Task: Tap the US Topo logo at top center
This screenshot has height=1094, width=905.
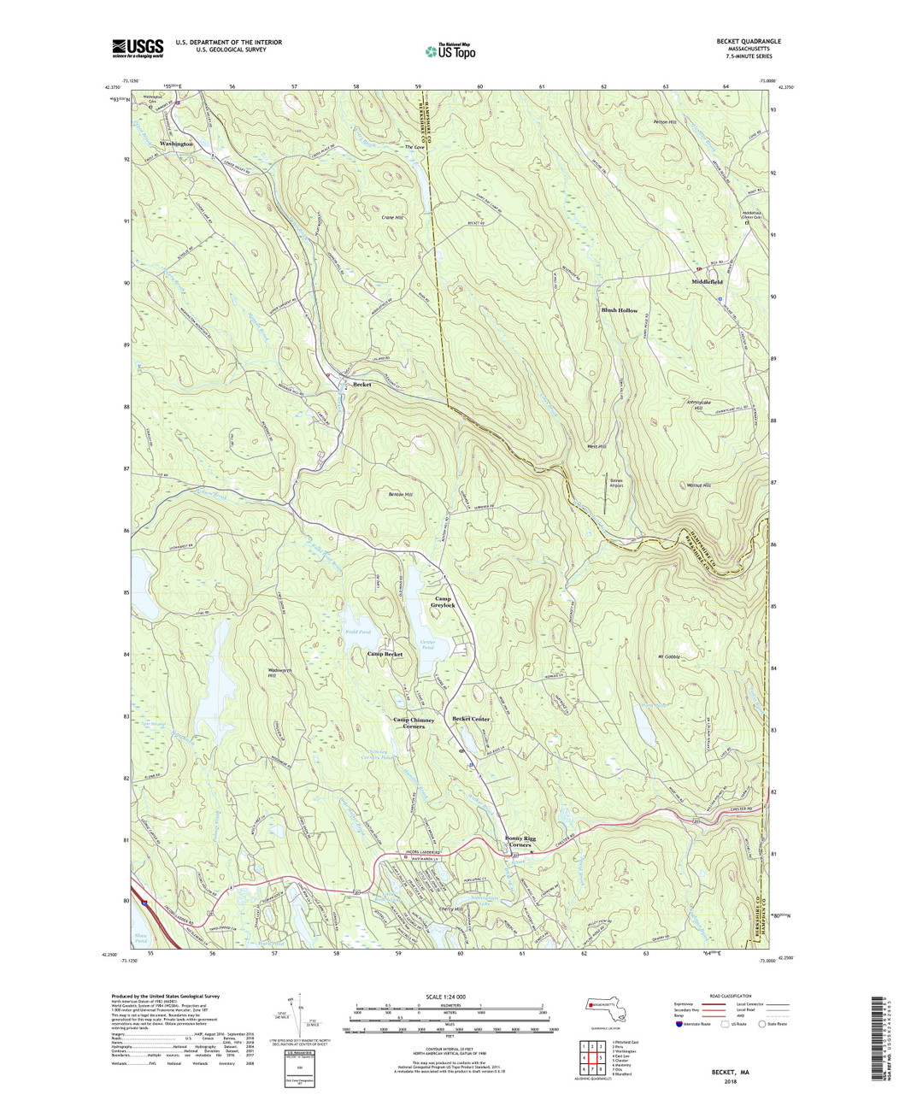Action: coord(450,51)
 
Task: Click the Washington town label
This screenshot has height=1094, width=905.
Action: coord(176,144)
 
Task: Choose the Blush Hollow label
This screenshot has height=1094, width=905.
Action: coord(620,310)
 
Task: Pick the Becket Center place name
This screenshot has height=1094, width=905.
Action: coord(477,720)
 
